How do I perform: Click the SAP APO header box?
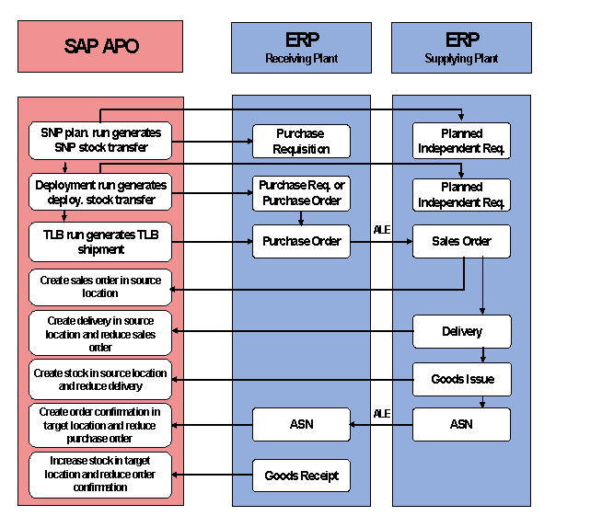[100, 47]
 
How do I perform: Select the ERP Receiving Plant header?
[301, 47]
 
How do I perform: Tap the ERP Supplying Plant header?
[461, 47]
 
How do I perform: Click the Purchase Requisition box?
[301, 141]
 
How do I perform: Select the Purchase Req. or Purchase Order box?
[301, 192]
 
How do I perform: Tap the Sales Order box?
[461, 241]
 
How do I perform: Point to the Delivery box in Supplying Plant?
[461, 331]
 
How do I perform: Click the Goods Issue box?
[461, 379]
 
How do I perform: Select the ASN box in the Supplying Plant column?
[461, 424]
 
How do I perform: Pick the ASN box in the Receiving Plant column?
[301, 424]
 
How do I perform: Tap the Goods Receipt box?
[301, 476]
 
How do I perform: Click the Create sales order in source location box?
[100, 287]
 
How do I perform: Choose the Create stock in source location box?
[100, 379]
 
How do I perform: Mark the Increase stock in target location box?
[100, 475]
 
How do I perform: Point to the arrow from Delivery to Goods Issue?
[482, 355]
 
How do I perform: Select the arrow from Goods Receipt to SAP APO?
[213, 476]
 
